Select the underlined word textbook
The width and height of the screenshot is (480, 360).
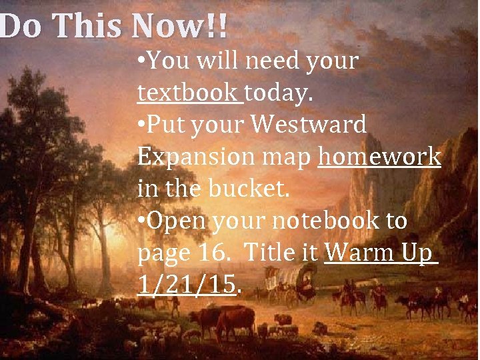189,93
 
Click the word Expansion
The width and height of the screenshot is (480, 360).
193,157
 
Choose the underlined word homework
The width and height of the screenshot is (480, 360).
379,157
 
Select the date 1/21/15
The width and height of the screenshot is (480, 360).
187,285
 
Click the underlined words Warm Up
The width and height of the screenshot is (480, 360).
380,253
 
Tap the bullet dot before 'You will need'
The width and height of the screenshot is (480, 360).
141,62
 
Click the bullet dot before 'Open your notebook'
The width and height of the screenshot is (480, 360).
141,221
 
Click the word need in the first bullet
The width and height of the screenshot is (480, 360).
271,61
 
